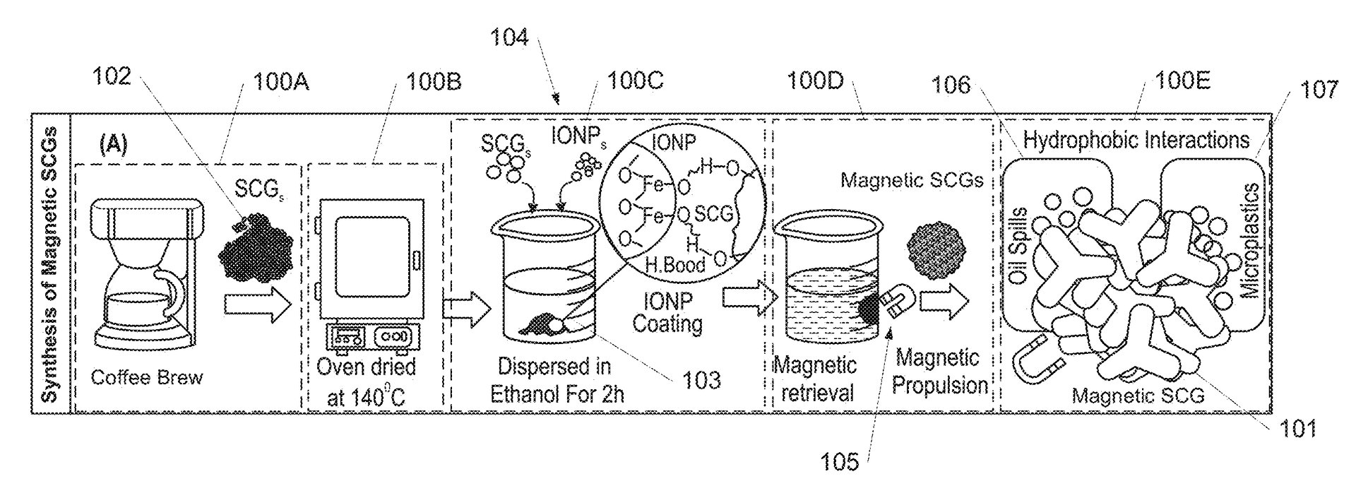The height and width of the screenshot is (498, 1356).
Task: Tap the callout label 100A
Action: point(281,83)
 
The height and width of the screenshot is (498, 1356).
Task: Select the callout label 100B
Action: point(433,83)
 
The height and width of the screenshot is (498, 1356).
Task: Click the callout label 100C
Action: point(635,83)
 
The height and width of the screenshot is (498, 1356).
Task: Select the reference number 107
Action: point(1317,90)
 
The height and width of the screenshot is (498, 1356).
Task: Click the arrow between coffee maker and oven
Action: point(257,304)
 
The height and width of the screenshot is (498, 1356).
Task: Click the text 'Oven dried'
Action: point(366,367)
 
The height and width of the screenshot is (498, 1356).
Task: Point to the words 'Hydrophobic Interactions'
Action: point(1136,140)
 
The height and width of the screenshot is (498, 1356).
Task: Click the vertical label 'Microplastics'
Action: point(1251,240)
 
